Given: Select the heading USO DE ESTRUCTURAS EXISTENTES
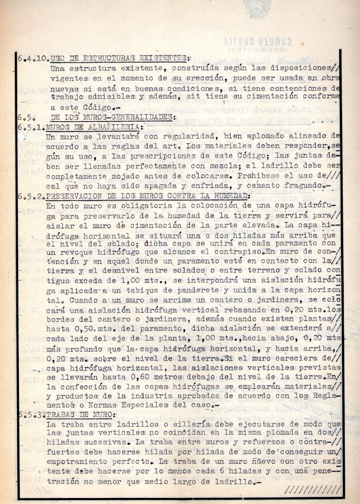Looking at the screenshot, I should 119,58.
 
